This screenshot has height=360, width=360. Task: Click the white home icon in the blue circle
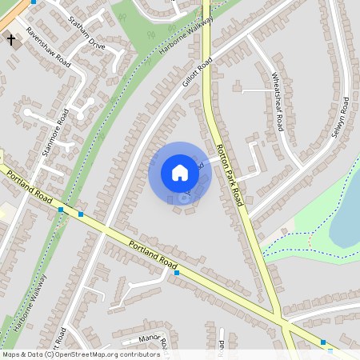tap(180, 173)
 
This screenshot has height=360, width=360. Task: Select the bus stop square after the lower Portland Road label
tap(177, 273)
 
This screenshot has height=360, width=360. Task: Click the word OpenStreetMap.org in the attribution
tap(80, 354)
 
